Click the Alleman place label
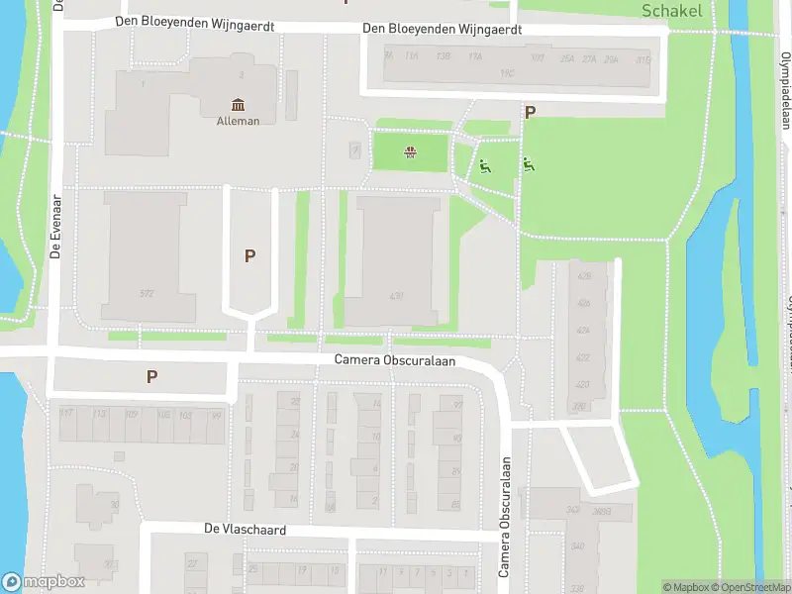pyautogui.click(x=238, y=121)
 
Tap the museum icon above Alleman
pyautogui.click(x=238, y=105)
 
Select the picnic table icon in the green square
pyautogui.click(x=410, y=152)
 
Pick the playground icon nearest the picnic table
pyautogui.click(x=484, y=166)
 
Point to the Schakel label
pyautogui.click(x=672, y=11)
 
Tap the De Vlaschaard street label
pyautogui.click(x=245, y=530)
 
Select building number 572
pyautogui.click(x=147, y=293)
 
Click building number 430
pyautogui.click(x=397, y=296)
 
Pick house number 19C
pyautogui.click(x=508, y=72)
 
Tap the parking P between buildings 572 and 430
pyautogui.click(x=250, y=255)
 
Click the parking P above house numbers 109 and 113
pyautogui.click(x=151, y=376)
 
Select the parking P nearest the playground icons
pyautogui.click(x=530, y=113)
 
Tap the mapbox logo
pyautogui.click(x=44, y=582)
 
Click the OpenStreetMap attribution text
pyautogui.click(x=749, y=587)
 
